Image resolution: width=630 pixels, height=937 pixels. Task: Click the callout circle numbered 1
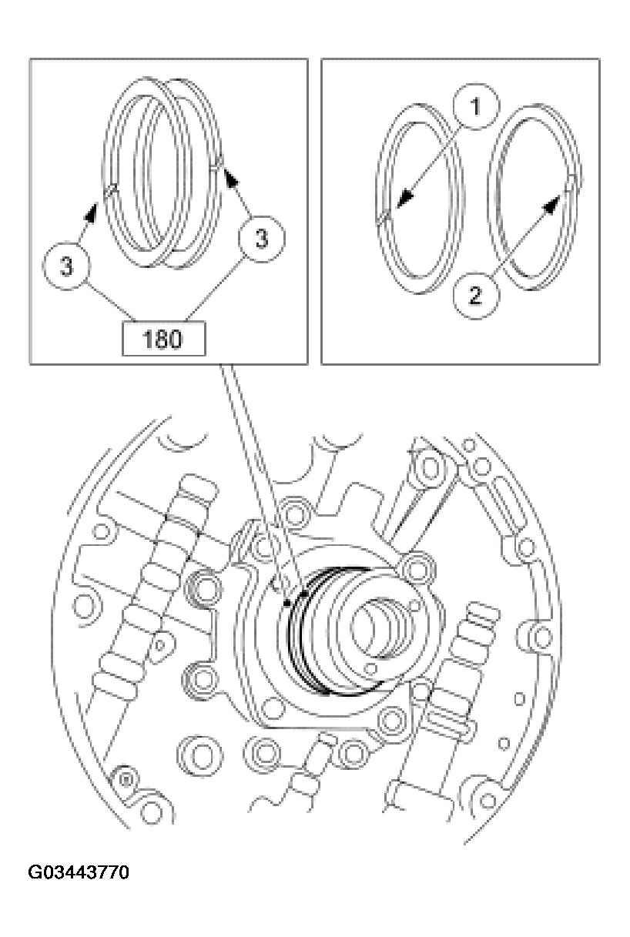tap(475, 109)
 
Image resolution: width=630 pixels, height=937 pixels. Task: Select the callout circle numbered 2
tap(475, 295)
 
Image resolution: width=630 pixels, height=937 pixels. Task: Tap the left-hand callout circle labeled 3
tap(67, 266)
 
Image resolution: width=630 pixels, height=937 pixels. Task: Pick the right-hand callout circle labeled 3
tap(261, 239)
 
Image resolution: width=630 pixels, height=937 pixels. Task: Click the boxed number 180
tap(163, 340)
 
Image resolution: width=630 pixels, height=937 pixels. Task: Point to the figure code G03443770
tap(79, 873)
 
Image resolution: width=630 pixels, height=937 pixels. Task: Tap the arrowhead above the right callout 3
tap(229, 176)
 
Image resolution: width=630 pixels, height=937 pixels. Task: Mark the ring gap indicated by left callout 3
tap(112, 187)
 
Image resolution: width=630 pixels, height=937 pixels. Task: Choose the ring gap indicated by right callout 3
tap(218, 162)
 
